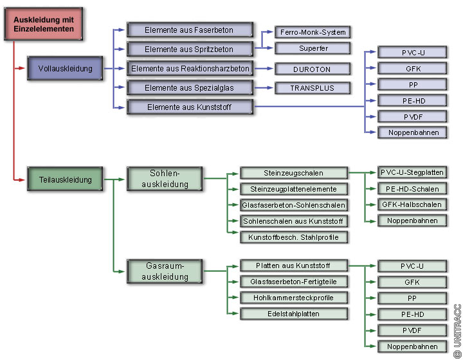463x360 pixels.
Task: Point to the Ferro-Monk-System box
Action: (x=313, y=32)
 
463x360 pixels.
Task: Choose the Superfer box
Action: (x=313, y=49)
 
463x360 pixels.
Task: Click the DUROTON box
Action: (x=313, y=69)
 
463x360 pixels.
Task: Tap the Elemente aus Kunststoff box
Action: (x=189, y=106)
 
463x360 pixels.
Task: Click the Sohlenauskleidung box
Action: (x=165, y=179)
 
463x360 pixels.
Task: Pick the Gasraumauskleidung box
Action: (x=165, y=271)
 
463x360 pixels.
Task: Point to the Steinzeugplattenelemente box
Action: (x=293, y=189)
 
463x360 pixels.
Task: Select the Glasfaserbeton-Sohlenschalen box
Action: (x=293, y=205)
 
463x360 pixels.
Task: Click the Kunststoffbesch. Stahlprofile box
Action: (x=293, y=237)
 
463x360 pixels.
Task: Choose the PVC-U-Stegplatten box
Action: (x=412, y=173)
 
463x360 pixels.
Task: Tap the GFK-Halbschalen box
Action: (x=412, y=205)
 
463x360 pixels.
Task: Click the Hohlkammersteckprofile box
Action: (x=293, y=298)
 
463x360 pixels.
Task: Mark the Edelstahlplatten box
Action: (x=293, y=314)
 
